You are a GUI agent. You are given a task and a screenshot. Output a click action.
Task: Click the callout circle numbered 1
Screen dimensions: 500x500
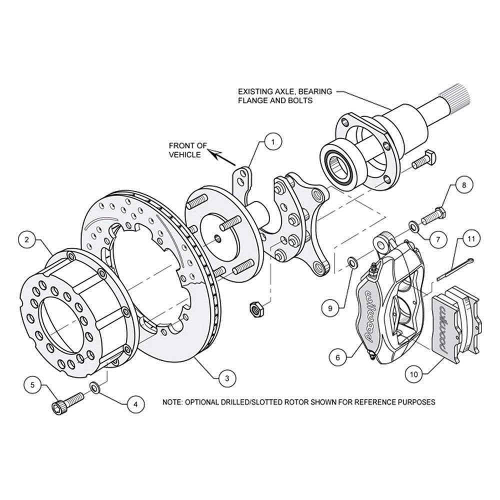point(272,142)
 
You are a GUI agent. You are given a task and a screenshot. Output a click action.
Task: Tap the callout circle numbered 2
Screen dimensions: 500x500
point(27,239)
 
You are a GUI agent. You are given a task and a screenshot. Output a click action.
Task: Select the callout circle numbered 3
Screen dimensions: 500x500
point(227,378)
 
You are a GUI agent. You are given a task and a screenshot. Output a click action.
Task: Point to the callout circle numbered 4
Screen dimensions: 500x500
point(135,404)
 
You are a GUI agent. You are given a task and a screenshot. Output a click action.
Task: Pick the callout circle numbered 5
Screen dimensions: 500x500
point(33,385)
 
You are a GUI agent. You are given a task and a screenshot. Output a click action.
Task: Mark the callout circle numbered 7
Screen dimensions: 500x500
point(437,238)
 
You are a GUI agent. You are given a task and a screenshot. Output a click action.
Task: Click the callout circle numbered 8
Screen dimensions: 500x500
point(464,185)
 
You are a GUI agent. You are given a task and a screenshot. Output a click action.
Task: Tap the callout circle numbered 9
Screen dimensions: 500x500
point(330,308)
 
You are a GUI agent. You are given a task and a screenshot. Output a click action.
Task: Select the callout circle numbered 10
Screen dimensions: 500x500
point(414,374)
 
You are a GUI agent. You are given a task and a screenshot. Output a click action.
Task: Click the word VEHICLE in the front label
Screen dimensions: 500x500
point(185,154)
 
